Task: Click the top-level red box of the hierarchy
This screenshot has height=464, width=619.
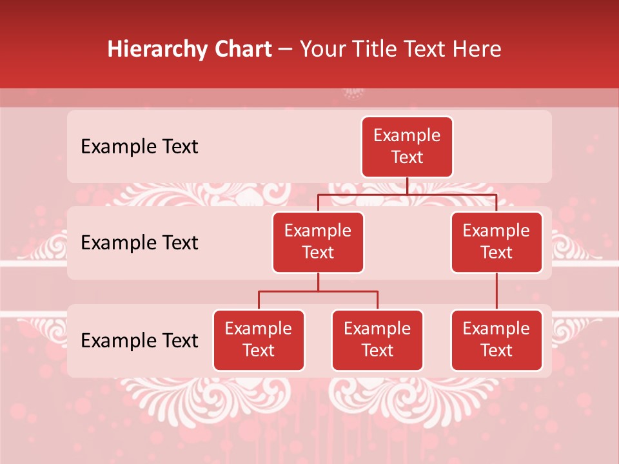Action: pos(407,147)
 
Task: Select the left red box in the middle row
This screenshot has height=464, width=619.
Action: pos(318,242)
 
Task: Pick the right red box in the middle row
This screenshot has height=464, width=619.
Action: pos(496,242)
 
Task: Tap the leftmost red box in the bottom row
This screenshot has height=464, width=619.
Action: pos(259,340)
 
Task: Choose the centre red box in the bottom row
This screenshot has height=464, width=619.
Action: pos(377,340)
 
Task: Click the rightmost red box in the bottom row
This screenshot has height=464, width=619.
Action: pos(496,340)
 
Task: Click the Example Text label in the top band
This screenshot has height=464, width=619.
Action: pos(139,147)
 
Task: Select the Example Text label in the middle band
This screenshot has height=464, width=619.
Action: pos(139,243)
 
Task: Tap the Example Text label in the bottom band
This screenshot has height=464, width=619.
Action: pos(139,340)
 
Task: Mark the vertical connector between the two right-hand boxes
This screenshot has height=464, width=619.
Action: pos(496,291)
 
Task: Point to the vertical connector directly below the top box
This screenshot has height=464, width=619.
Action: pos(407,186)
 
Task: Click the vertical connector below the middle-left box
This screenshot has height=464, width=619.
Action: pos(318,282)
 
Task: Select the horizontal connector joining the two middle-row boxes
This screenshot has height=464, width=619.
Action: pos(407,194)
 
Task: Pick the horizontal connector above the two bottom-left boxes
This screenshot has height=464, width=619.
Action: pos(318,291)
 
